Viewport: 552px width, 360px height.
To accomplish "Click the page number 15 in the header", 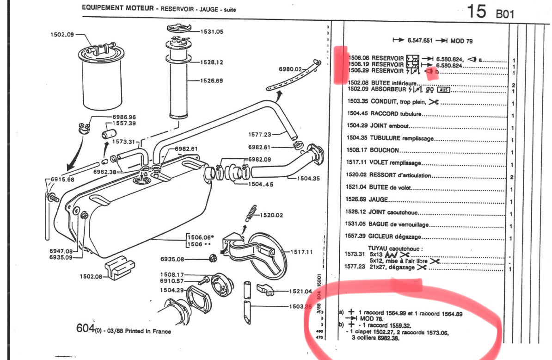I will pos(477,11).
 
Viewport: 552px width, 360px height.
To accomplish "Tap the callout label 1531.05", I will pos(212,31).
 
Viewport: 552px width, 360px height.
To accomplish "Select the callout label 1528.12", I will pos(212,62).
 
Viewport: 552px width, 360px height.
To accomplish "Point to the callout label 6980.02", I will pos(290,69).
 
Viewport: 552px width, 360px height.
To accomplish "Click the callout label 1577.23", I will pos(260,134).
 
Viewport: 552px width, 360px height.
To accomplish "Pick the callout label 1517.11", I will pos(302,252).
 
